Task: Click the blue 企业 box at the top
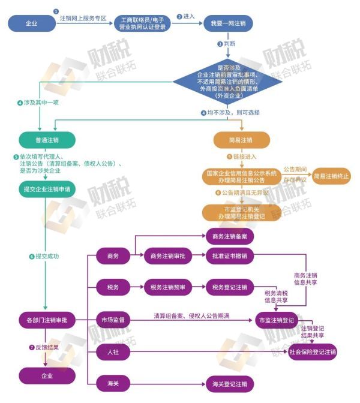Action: click(x=31, y=23)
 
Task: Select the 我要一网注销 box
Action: click(x=229, y=23)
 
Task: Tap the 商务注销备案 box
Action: click(x=229, y=236)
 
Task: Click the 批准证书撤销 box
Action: click(x=229, y=256)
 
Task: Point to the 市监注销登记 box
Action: click(x=276, y=320)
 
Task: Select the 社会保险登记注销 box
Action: click(x=313, y=351)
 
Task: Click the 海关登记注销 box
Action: click(x=229, y=383)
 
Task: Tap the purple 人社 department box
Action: click(x=113, y=351)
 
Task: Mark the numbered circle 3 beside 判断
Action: click(x=220, y=44)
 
